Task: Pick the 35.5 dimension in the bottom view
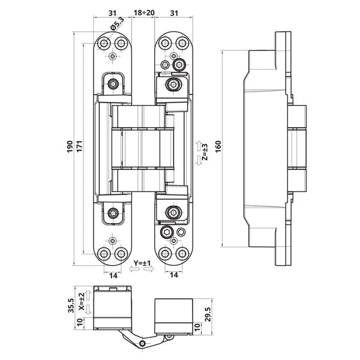[x=71, y=306]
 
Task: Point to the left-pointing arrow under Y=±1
[x=134, y=269]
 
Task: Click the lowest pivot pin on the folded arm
[x=142, y=344]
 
